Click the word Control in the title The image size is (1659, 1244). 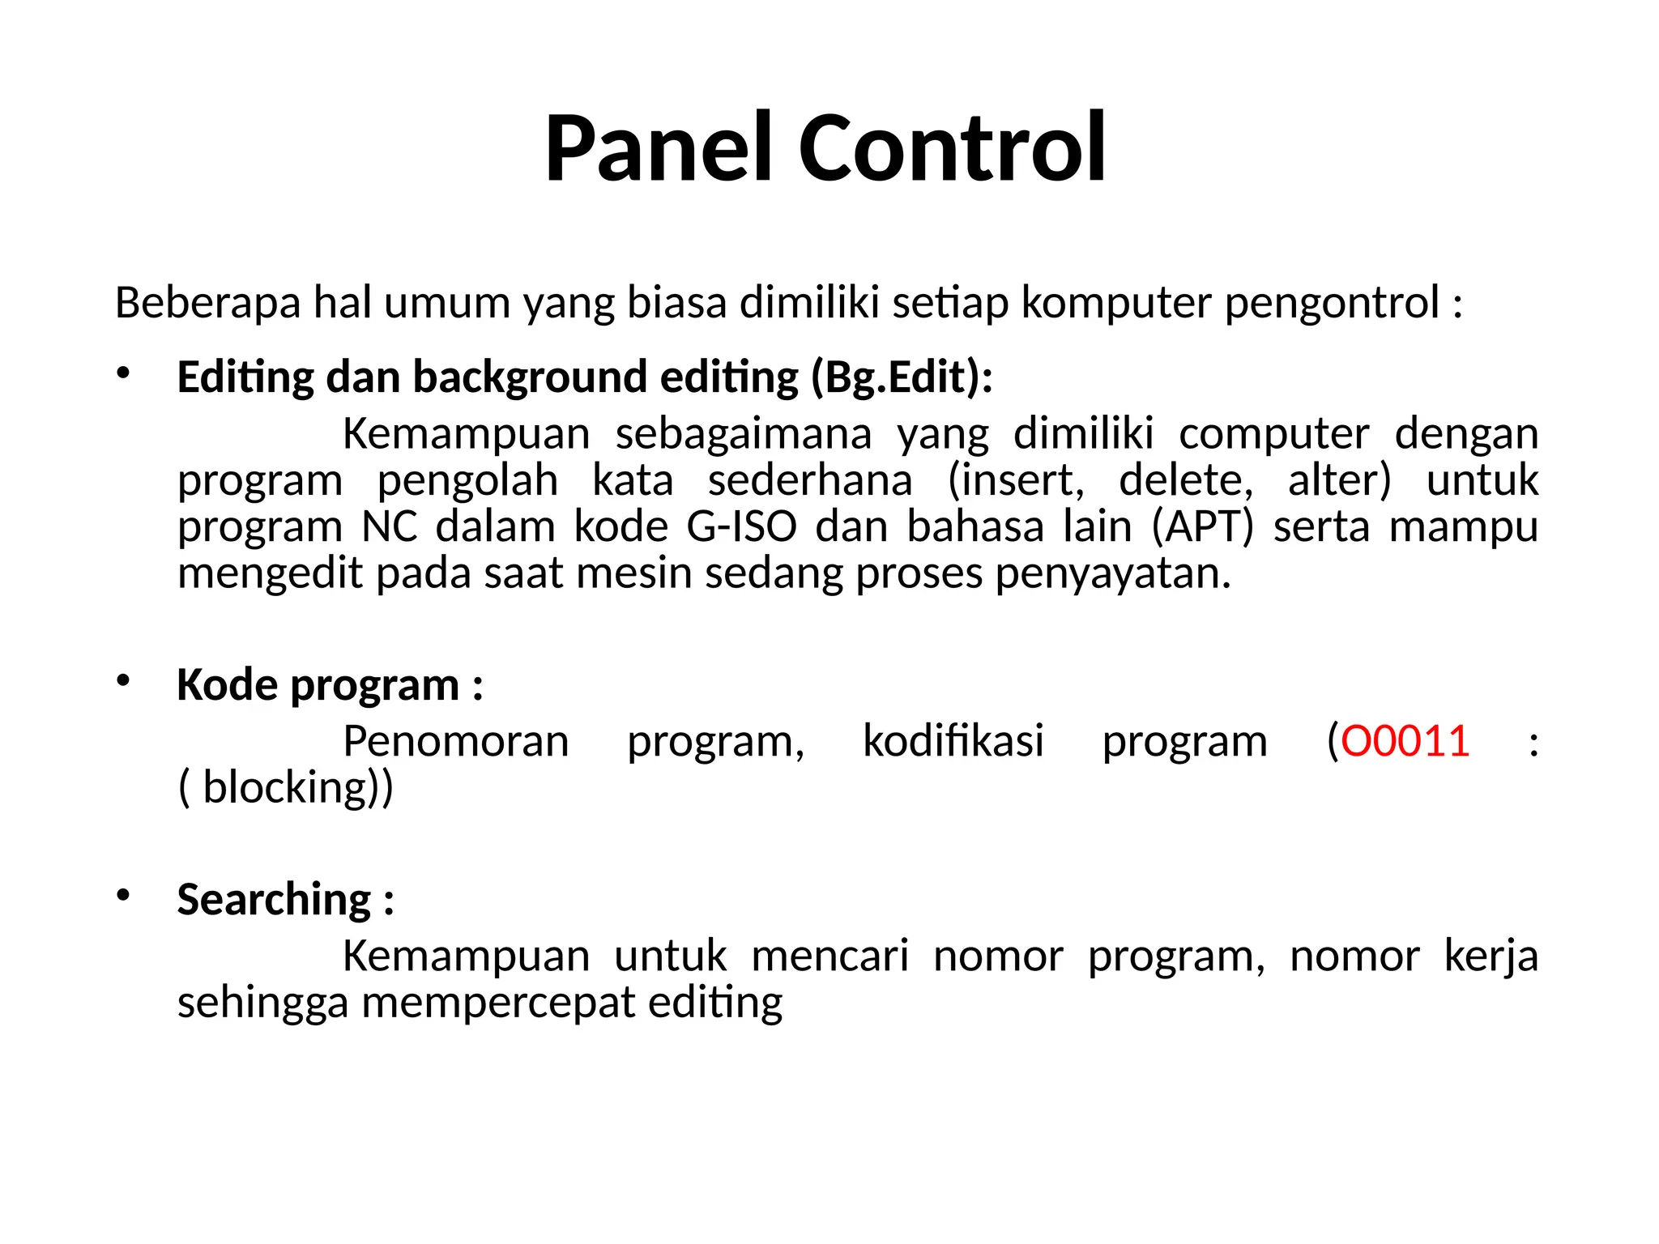pyautogui.click(x=953, y=150)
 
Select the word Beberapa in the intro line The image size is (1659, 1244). pyautogui.click(x=208, y=304)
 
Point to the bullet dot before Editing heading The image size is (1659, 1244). pyautogui.click(x=123, y=373)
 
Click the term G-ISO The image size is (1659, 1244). pyautogui.click(x=741, y=527)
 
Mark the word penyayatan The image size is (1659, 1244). pyautogui.click(x=1112, y=574)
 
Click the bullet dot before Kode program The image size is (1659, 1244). pyautogui.click(x=123, y=680)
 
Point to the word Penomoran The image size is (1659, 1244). pyautogui.click(x=456, y=742)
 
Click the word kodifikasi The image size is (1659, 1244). pyautogui.click(x=953, y=742)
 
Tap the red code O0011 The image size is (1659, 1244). pyautogui.click(x=1405, y=742)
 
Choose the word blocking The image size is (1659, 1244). pyautogui.click(x=286, y=788)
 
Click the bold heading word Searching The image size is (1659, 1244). pyautogui.click(x=274, y=901)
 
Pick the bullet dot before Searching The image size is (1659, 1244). pyautogui.click(x=123, y=895)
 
